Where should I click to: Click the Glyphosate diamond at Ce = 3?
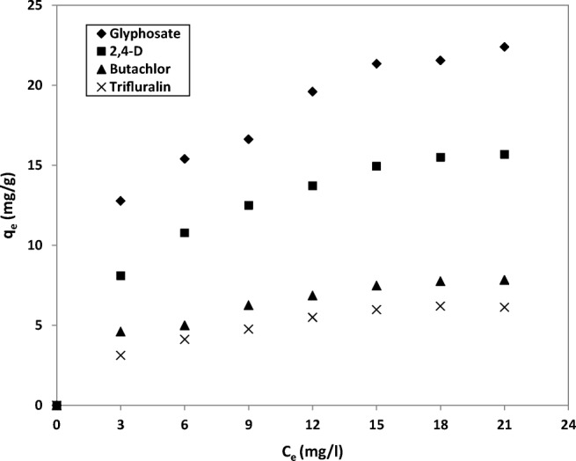pyautogui.click(x=120, y=201)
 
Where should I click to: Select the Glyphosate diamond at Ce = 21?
pyautogui.click(x=505, y=47)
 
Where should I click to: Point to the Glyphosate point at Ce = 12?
pyautogui.click(x=312, y=91)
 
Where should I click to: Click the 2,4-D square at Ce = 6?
pyautogui.click(x=185, y=232)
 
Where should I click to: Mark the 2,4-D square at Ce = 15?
pyautogui.click(x=376, y=165)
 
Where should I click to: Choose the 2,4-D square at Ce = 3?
pyautogui.click(x=120, y=275)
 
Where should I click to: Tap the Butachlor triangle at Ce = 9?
pyautogui.click(x=249, y=305)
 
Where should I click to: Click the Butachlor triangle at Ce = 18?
pyautogui.click(x=441, y=282)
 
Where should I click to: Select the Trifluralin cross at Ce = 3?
pyautogui.click(x=120, y=355)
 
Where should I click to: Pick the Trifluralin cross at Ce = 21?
pyautogui.click(x=505, y=307)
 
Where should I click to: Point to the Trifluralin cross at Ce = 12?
pyautogui.click(x=312, y=317)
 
